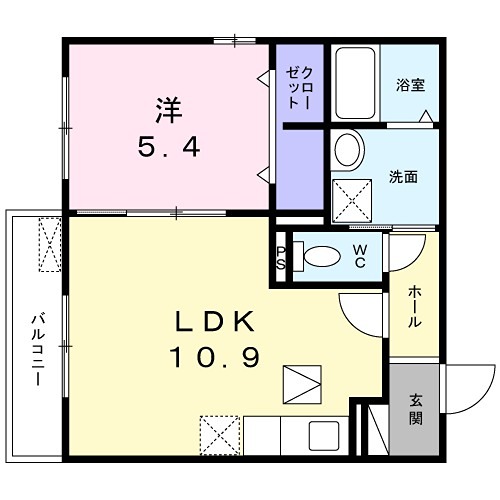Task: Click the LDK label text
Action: click(x=218, y=322)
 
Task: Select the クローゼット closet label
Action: click(x=300, y=88)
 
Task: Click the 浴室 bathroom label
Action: click(x=410, y=85)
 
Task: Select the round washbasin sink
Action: click(x=348, y=151)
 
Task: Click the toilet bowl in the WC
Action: click(x=321, y=255)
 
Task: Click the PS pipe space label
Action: click(x=281, y=257)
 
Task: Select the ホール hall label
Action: click(x=414, y=308)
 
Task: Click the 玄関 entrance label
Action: click(x=415, y=408)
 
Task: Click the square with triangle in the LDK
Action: click(x=298, y=383)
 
